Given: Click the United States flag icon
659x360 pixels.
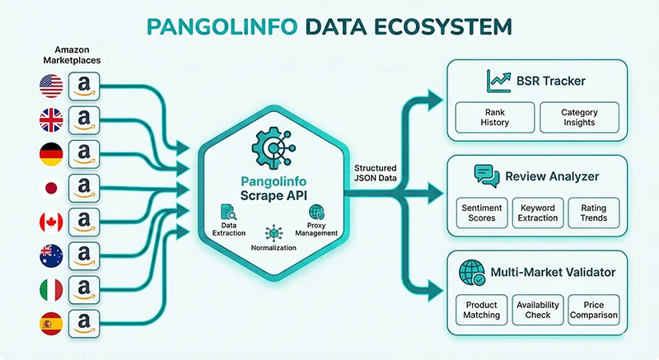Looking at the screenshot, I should (50, 85).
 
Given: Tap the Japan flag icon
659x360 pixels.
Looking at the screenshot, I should (50, 187).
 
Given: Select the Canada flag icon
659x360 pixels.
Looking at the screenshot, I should (50, 221).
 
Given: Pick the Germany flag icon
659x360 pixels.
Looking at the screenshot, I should (50, 153).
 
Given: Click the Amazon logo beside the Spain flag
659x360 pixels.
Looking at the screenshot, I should (84, 322).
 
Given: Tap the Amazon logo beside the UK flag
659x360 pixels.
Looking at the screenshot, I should (84, 119).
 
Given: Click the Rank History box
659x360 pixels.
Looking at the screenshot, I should (494, 117).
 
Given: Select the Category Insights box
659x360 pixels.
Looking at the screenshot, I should (578, 117).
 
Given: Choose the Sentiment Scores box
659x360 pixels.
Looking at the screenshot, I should (482, 213).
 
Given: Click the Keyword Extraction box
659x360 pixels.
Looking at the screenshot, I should (538, 213).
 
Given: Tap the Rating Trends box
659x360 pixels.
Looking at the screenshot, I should (593, 213).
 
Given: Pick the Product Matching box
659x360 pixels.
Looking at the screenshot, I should (482, 310).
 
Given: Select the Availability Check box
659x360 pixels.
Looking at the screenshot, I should (538, 310).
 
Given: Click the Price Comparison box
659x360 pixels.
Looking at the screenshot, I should (593, 310).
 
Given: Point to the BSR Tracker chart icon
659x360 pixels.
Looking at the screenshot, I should (498, 81).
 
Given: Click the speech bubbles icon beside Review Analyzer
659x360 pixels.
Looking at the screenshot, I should (487, 175).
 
